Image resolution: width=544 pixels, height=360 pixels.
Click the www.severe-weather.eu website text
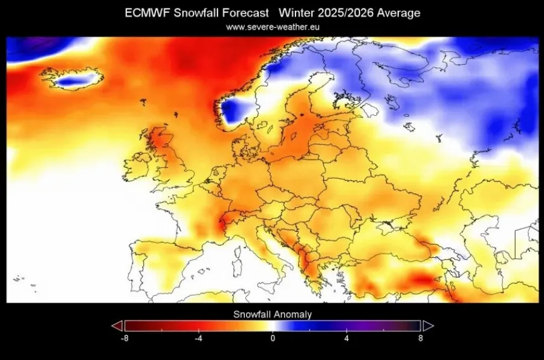[272, 27]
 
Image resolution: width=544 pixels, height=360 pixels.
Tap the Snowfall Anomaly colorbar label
[272, 314]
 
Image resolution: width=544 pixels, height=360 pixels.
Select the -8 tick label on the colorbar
[124, 338]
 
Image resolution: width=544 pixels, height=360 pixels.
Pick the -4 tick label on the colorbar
[198, 338]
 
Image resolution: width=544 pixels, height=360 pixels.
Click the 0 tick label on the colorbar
[273, 338]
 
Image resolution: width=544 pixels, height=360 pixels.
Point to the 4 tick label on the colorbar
[347, 338]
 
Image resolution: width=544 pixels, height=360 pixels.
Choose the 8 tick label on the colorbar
[421, 338]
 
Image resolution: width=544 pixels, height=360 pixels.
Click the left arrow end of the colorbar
[117, 326]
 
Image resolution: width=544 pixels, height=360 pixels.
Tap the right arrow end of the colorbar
[427, 326]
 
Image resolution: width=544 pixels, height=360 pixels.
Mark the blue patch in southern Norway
[235, 112]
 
